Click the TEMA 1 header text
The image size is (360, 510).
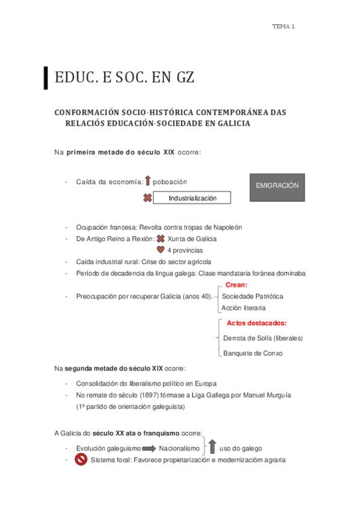click(x=283, y=26)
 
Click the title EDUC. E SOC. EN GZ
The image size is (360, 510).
click(x=124, y=78)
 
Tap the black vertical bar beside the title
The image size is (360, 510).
click(x=46, y=78)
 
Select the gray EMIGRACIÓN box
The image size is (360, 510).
click(x=276, y=186)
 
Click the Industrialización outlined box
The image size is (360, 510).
click(x=192, y=198)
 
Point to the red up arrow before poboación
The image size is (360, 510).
click(x=147, y=181)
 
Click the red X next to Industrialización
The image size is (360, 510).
click(x=147, y=198)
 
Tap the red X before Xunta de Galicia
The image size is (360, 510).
click(x=160, y=239)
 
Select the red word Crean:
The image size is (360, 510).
click(x=236, y=286)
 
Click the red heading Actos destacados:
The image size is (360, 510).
click(x=256, y=323)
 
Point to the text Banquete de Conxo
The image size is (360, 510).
click(x=252, y=353)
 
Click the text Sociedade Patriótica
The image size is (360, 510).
click(x=252, y=296)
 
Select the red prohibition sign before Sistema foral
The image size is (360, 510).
click(x=81, y=460)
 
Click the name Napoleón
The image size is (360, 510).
click(x=227, y=227)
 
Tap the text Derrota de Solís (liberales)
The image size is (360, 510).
click(x=263, y=338)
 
